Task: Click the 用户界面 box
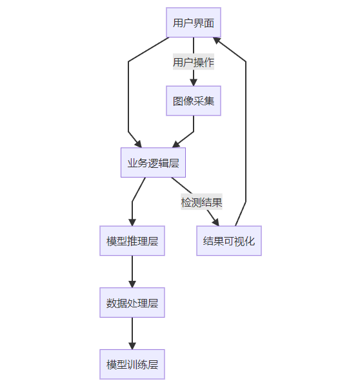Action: [x=194, y=23]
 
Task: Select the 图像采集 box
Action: [x=194, y=101]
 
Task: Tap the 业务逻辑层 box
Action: [x=153, y=162]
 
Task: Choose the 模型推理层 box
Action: [x=132, y=241]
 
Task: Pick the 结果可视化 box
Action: [x=229, y=241]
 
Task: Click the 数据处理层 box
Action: [x=132, y=302]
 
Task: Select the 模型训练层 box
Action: [x=132, y=364]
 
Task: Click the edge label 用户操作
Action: [x=194, y=62]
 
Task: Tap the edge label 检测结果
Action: [x=201, y=201]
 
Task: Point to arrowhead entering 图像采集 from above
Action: [x=194, y=82]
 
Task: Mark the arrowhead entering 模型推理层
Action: [x=132, y=222]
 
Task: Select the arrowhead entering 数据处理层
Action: [x=132, y=283]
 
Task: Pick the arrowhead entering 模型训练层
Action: [x=132, y=345]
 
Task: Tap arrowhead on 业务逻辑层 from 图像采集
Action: [x=175, y=145]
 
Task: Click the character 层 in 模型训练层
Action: [x=153, y=364]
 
